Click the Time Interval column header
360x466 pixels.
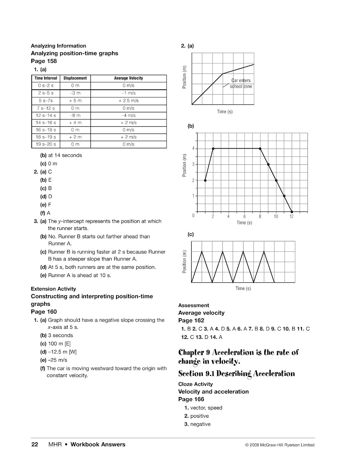(46, 78)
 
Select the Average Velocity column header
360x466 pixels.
(128, 78)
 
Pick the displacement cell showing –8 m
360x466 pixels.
(75, 115)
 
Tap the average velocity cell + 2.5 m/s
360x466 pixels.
(128, 101)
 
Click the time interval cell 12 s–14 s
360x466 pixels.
(46, 115)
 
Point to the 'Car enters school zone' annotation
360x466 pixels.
(241, 83)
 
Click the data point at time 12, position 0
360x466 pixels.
(292, 212)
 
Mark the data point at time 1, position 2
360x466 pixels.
(205, 180)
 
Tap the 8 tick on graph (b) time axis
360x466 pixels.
(260, 217)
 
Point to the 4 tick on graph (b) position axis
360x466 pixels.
(193, 149)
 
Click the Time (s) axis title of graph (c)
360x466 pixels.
(243, 288)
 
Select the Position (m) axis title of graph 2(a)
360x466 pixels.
(184, 77)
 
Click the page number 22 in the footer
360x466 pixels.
(35, 445)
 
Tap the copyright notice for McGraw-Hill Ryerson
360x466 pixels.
(279, 445)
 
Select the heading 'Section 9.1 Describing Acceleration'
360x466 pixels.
(236, 374)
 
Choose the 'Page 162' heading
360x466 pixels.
(191, 320)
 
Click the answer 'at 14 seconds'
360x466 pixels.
(65, 155)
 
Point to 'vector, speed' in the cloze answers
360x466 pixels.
(206, 408)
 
